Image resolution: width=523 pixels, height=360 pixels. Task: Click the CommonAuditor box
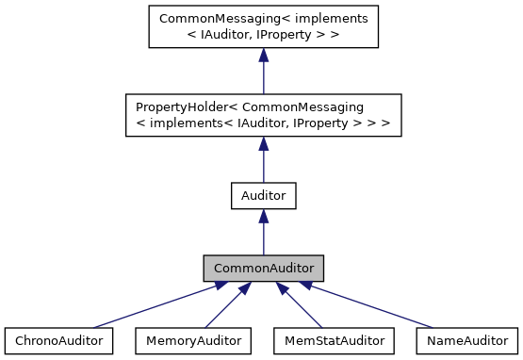click(x=264, y=269)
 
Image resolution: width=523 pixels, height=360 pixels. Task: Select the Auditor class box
click(x=264, y=196)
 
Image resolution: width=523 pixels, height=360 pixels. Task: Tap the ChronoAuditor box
click(x=58, y=339)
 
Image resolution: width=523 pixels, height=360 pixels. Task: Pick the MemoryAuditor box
click(x=193, y=339)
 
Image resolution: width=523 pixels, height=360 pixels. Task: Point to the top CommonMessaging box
click(x=264, y=26)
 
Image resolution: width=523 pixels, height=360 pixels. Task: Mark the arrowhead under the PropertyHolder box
click(x=264, y=143)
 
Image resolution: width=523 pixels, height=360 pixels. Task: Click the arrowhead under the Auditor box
click(x=264, y=217)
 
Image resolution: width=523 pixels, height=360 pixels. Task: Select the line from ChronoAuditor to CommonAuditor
click(x=151, y=307)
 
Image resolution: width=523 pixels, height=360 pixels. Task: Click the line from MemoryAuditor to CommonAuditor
click(x=222, y=309)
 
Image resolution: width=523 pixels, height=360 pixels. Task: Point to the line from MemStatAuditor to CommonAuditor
click(x=305, y=309)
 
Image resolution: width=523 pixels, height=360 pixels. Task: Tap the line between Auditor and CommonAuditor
click(x=264, y=237)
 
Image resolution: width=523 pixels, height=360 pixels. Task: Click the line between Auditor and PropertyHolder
click(x=264, y=165)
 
